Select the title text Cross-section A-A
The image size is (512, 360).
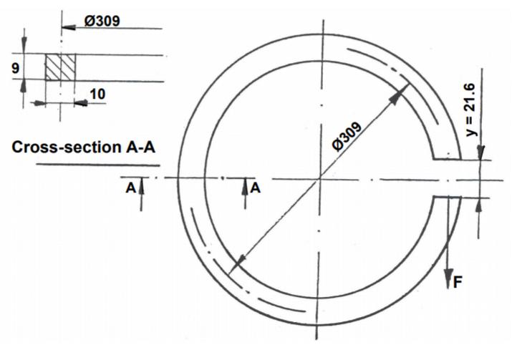pos(84,147)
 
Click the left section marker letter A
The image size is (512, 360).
pos(130,187)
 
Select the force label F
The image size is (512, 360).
pos(457,281)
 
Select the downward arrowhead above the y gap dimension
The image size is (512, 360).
pos(480,152)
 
